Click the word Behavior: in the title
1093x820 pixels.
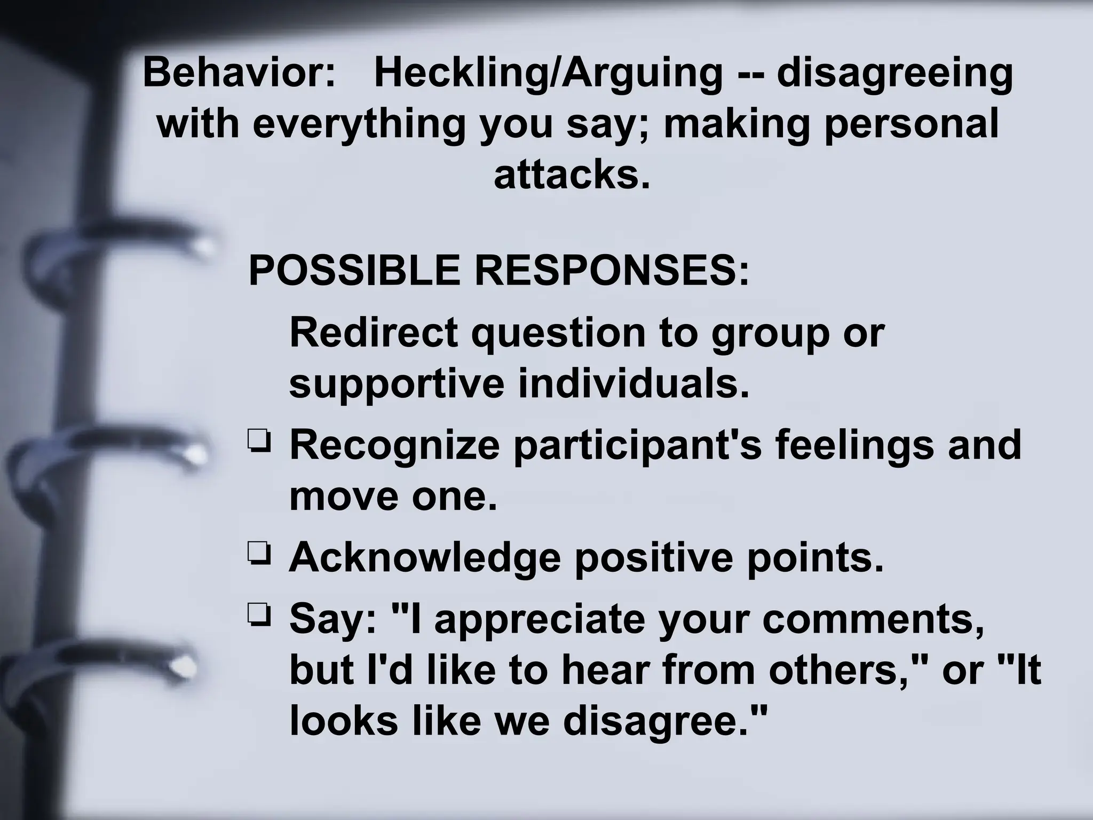pyautogui.click(x=239, y=73)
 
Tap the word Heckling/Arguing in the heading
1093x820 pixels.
pyautogui.click(x=548, y=74)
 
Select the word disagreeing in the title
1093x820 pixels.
pyautogui.click(x=894, y=74)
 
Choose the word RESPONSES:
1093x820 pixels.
pyautogui.click(x=612, y=271)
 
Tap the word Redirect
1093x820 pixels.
pyautogui.click(x=374, y=332)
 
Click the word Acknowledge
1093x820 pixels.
pyautogui.click(x=425, y=557)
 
